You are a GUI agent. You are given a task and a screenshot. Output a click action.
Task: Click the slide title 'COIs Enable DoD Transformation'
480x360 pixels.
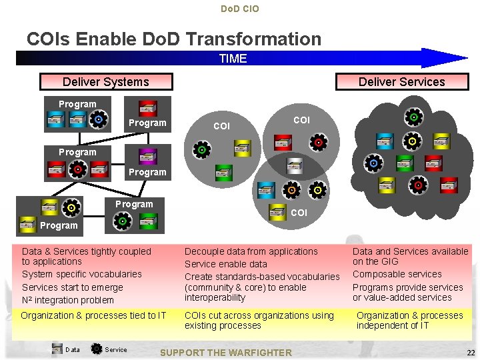173,39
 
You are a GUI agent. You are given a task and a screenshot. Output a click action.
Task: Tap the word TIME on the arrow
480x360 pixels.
233,59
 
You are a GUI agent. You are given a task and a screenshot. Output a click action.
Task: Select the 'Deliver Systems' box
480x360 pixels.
106,82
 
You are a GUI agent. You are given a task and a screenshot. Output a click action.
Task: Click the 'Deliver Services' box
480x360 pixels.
401,82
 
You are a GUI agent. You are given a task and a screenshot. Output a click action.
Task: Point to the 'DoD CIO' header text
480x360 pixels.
239,9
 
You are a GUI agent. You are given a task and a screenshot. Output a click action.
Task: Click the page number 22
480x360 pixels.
471,353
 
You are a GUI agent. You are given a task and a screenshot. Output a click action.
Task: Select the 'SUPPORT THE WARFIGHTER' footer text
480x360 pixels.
227,353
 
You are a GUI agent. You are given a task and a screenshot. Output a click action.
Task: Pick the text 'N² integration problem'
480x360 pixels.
67,300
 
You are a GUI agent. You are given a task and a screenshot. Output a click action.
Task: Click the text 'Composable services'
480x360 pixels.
397,274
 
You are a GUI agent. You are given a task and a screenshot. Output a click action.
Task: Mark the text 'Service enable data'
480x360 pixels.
225,264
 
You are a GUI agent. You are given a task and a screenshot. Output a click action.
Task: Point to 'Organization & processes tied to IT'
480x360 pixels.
93,315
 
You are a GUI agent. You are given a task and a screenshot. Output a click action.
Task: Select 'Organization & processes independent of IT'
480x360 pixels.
409,320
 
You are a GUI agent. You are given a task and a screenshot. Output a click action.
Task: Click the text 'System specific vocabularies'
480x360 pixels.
81,274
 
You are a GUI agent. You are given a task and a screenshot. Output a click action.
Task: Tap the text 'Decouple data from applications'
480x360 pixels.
251,251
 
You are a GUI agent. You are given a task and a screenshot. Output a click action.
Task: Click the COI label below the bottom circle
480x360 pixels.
299,213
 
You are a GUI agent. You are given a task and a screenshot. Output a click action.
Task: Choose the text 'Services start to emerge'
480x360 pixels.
72,287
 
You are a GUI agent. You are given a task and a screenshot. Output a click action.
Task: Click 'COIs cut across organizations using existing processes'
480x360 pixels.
259,320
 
